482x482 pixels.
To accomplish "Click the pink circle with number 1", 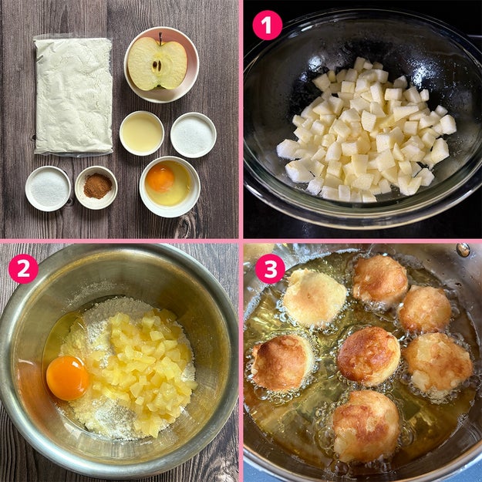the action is coord(267,25).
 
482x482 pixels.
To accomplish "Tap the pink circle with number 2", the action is coord(23,268).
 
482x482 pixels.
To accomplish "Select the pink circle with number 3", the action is coord(270,268).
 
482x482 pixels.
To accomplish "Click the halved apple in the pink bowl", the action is coord(157,64).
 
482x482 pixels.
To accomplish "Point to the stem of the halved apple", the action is coord(160,39).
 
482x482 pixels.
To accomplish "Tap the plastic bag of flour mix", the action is coord(73,96).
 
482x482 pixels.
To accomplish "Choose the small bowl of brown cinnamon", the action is coord(96,187).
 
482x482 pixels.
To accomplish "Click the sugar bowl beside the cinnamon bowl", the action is coord(48,188).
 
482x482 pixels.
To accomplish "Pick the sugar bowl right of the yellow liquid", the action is coord(194,135).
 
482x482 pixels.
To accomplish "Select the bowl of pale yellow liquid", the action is coord(142,133).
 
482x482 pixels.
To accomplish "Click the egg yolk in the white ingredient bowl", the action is coord(160,178).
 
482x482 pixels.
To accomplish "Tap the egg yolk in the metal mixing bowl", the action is coord(68,378).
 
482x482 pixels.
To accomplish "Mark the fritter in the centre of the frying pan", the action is coord(369,356).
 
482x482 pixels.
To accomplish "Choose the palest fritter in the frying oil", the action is coord(314,298).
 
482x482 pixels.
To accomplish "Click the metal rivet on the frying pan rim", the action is coord(463,250).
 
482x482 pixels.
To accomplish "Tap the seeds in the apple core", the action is coord(157,66).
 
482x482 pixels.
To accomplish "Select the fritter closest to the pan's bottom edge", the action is coord(366,426).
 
